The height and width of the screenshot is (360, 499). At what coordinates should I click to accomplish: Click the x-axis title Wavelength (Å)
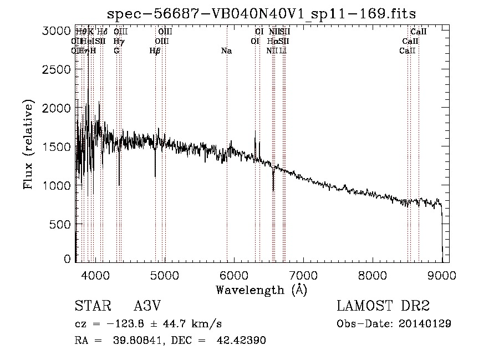click(261, 290)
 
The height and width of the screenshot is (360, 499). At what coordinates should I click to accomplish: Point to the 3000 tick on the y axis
click(58, 31)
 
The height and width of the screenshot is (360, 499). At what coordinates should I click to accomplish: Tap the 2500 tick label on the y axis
click(58, 70)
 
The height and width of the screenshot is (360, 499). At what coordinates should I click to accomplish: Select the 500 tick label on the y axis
click(61, 224)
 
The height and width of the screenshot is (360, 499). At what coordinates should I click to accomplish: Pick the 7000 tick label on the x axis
click(303, 275)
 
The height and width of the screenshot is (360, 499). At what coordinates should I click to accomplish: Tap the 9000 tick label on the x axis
click(442, 275)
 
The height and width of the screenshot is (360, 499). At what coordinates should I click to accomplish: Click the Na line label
click(226, 51)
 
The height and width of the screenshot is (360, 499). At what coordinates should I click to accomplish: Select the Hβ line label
click(155, 51)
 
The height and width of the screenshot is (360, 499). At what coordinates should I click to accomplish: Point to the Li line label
click(283, 51)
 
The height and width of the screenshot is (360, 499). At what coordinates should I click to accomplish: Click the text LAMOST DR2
click(383, 306)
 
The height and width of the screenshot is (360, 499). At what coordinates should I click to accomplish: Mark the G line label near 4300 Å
click(116, 51)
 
